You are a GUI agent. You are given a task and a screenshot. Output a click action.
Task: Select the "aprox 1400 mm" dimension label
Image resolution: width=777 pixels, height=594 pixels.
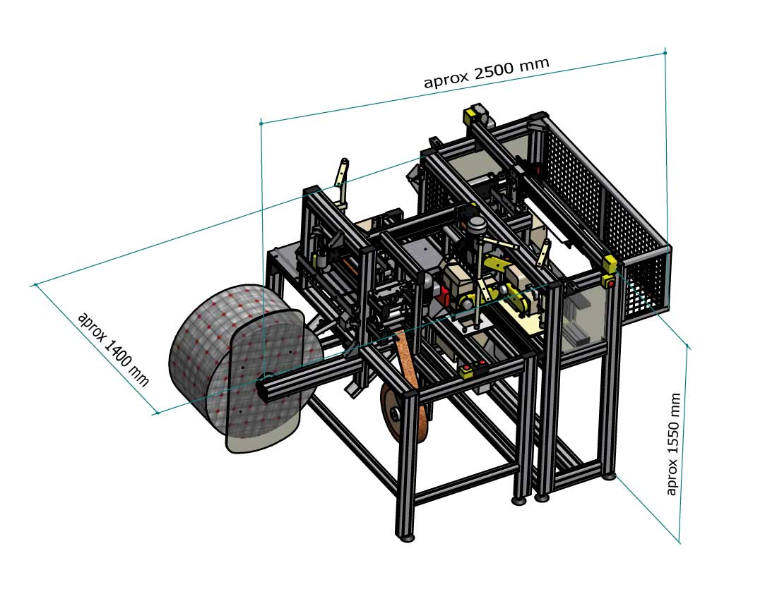[x=113, y=348]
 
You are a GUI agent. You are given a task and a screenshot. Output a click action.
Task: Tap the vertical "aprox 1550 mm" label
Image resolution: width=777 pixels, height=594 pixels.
[x=674, y=444]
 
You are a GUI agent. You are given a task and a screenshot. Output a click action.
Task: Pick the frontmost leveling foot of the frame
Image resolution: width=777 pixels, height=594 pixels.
[x=406, y=537]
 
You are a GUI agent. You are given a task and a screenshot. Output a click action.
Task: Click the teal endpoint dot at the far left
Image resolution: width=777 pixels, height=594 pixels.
[x=35, y=285]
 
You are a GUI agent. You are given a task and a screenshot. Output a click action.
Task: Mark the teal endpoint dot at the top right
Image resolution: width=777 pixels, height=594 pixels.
[x=665, y=52]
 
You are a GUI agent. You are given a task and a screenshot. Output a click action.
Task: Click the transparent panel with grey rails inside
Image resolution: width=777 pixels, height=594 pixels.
[x=583, y=317]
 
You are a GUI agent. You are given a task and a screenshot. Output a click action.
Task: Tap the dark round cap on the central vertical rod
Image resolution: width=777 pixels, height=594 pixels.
[x=475, y=224]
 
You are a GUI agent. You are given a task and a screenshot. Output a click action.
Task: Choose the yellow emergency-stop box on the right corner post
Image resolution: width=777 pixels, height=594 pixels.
[x=607, y=266]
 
